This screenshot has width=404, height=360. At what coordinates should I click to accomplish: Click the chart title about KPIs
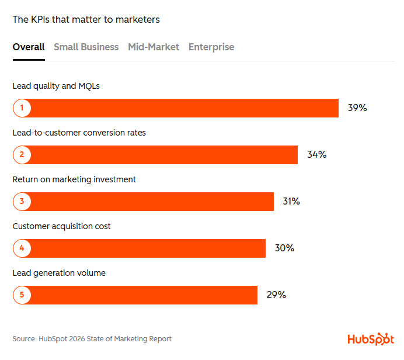click(86, 20)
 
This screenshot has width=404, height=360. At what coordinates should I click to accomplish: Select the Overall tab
click(29, 47)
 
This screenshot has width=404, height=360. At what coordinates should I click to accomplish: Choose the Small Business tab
click(86, 47)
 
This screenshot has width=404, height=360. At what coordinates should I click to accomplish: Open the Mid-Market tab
click(154, 47)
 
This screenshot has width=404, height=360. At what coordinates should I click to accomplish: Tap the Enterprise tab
click(211, 47)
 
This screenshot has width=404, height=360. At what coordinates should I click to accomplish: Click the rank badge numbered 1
click(22, 108)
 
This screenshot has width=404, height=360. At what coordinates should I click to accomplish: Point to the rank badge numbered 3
click(22, 202)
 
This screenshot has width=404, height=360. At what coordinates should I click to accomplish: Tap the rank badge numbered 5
click(22, 295)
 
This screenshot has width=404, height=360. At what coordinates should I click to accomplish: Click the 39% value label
click(357, 108)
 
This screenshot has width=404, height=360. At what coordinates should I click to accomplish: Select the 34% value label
click(316, 155)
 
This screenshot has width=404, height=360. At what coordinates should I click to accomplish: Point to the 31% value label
click(291, 202)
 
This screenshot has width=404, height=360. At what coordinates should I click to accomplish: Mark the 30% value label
click(284, 248)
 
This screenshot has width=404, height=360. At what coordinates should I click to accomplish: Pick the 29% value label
click(276, 295)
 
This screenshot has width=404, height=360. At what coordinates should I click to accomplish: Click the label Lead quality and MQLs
click(56, 86)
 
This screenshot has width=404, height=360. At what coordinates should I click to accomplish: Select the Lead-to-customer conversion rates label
click(79, 133)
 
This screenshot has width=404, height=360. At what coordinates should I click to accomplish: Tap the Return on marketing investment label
click(74, 180)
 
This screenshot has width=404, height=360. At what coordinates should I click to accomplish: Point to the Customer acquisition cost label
click(61, 227)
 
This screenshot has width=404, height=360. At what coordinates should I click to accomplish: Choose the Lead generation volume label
click(59, 274)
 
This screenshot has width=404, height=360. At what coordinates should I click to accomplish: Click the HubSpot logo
click(370, 339)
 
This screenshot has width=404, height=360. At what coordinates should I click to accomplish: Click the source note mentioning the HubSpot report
click(92, 339)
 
